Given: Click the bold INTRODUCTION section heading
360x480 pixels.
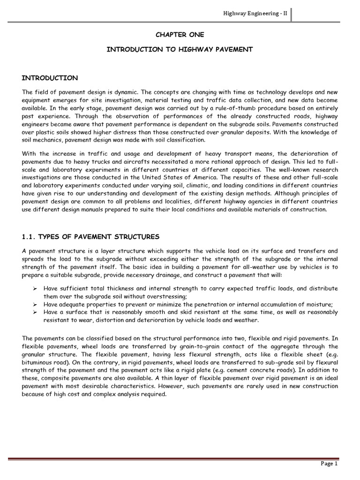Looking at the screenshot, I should (x=50, y=78).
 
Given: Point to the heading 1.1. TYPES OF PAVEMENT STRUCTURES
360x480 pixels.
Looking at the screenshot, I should (x=91, y=237).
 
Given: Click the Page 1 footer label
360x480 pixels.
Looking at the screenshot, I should (x=330, y=464).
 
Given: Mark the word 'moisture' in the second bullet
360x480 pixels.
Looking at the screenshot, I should (x=320, y=305).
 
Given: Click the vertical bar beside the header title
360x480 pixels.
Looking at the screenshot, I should (x=291, y=14).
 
